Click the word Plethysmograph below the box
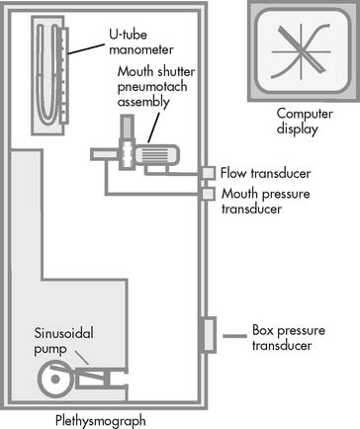[101, 421]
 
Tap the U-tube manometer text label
[141, 42]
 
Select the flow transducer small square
[208, 173]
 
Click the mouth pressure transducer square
[208, 194]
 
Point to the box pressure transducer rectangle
[209, 335]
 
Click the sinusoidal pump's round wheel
[55, 379]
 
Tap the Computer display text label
[305, 121]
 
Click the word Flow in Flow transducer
[233, 173]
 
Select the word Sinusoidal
[64, 333]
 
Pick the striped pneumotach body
[156, 155]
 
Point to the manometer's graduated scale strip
[64, 76]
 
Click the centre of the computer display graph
[302, 51]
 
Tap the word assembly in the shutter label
[143, 102]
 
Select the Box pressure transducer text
[289, 338]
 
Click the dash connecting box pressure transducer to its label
[234, 336]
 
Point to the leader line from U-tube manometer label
[86, 48]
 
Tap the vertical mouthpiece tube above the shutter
[127, 127]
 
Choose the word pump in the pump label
[50, 349]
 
